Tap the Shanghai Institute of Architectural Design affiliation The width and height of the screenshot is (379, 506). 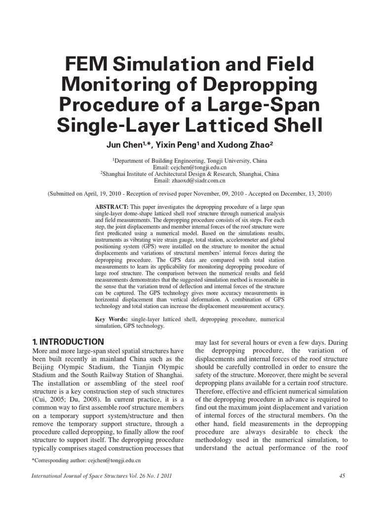pyautogui.click(x=168, y=174)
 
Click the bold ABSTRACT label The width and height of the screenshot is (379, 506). pyautogui.click(x=112, y=206)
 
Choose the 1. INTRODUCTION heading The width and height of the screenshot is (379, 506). pyautogui.click(x=68, y=342)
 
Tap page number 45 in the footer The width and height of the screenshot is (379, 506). pyautogui.click(x=342, y=475)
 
